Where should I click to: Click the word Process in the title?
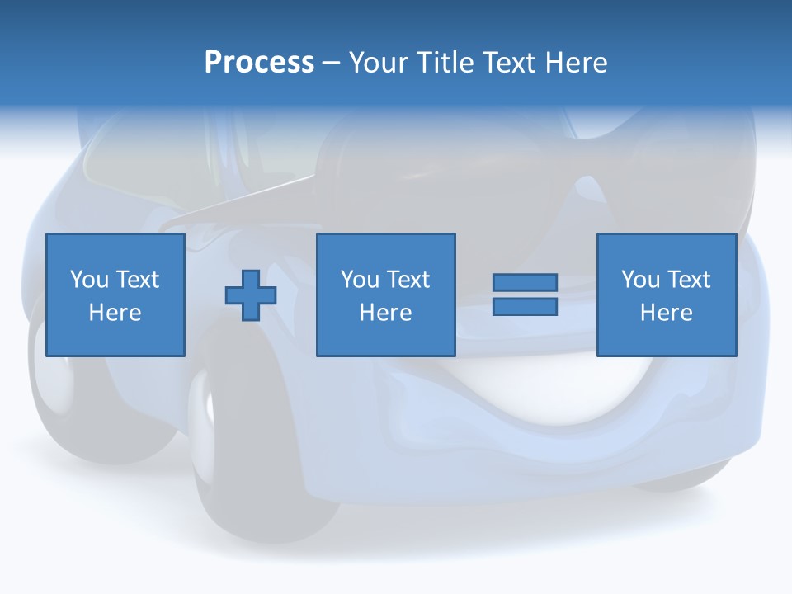click(259, 63)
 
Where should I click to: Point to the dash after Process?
click(331, 64)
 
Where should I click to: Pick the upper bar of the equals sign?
click(525, 283)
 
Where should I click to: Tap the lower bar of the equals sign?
click(525, 306)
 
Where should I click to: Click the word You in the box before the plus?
click(89, 280)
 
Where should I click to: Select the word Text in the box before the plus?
click(137, 280)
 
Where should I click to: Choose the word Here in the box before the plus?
click(115, 313)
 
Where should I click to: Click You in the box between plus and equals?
click(360, 280)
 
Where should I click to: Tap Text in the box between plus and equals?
click(408, 280)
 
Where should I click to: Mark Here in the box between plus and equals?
click(385, 313)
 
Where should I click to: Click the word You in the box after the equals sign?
click(640, 280)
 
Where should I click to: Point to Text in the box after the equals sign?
click(688, 280)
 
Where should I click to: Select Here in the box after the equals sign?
click(666, 313)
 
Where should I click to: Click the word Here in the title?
click(575, 63)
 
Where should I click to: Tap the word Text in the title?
click(509, 63)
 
